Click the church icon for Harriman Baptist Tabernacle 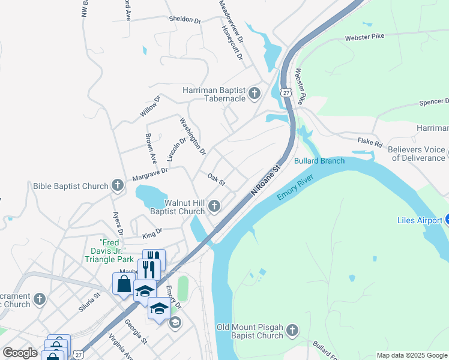[255, 94]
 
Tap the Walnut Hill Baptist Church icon [214, 207]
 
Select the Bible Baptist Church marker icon [118, 187]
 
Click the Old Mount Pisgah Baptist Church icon [292, 331]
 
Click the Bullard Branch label [319, 161]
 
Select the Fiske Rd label [370, 144]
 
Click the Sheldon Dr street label [185, 20]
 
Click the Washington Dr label [193, 135]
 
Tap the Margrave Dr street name [151, 175]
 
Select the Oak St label [215, 179]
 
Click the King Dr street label [152, 232]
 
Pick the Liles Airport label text [419, 221]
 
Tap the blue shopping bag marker [124, 283]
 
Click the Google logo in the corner [20, 353]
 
